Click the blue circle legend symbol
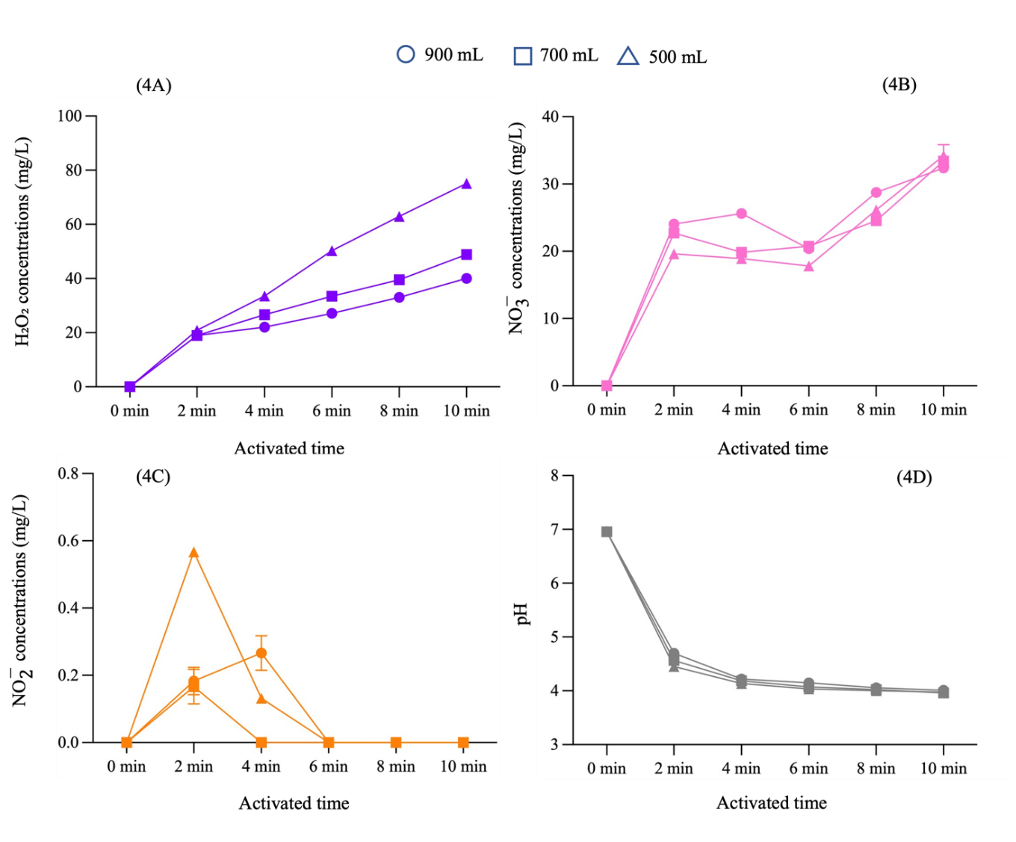406,55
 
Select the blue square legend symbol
523,56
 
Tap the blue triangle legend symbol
628,57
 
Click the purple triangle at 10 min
466,184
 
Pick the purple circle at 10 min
466,279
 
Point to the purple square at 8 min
399,280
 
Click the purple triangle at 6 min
332,251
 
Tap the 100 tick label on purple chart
69,116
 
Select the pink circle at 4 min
741,214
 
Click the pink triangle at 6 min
808,266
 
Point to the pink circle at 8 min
876,193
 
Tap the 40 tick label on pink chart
550,117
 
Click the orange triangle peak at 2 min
193,553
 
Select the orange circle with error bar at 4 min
261,653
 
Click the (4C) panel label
153,477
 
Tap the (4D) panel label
914,477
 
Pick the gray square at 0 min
607,532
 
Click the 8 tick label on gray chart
554,475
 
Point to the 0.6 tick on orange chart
69,541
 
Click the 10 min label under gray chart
943,769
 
